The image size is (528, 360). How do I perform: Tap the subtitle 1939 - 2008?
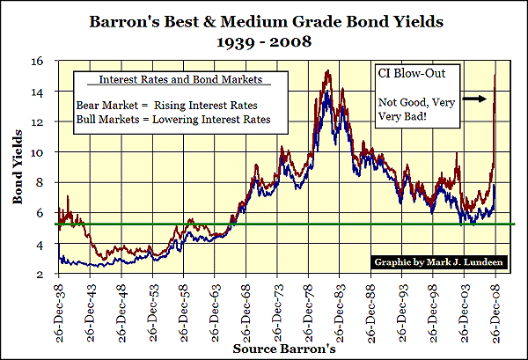click(x=264, y=40)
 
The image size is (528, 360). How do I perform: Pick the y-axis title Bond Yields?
click(x=18, y=168)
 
